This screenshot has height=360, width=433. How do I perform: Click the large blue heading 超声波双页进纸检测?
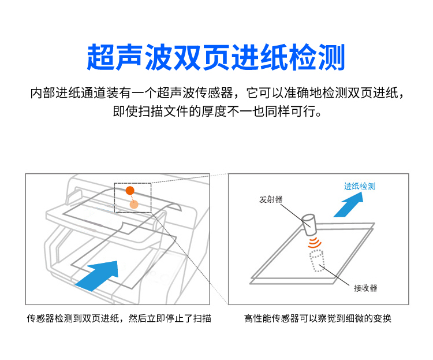(216, 57)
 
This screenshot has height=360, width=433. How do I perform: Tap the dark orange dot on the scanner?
(130, 190)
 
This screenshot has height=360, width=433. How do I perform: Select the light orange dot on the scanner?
(134, 205)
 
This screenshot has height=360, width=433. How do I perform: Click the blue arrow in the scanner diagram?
(98, 276)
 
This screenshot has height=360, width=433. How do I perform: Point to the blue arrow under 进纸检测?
(349, 205)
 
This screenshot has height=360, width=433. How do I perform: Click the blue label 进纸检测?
(360, 186)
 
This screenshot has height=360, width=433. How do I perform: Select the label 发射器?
(271, 199)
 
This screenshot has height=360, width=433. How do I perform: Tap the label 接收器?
(365, 288)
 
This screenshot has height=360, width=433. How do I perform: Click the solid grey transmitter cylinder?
(309, 224)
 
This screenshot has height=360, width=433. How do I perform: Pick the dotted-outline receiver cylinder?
(316, 261)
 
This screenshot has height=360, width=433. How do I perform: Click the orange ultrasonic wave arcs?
(315, 242)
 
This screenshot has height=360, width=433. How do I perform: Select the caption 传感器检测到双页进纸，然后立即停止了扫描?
(119, 318)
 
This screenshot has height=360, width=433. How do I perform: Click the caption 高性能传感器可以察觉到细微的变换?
(318, 318)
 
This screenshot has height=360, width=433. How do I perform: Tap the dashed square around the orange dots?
(115, 198)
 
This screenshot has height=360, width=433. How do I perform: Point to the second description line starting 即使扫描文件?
(217, 111)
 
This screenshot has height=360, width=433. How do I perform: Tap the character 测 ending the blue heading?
(331, 57)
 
